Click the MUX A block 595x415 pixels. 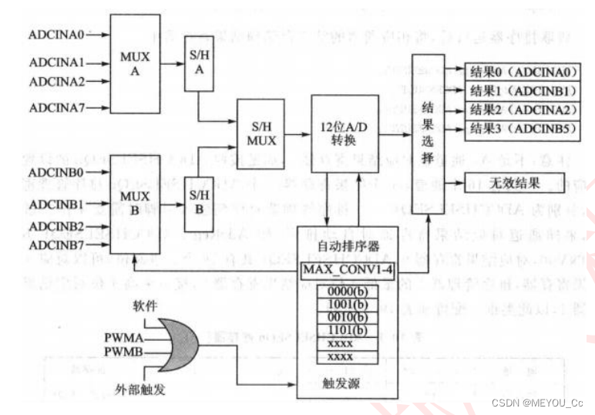136,65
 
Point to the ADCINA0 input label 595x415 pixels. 55,34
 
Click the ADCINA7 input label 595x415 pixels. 55,108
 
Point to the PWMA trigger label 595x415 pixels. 121,336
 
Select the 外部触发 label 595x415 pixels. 140,390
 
